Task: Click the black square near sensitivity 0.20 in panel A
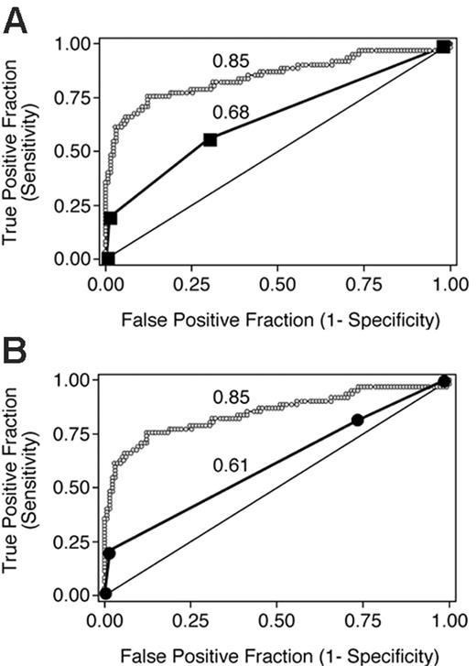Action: (x=111, y=218)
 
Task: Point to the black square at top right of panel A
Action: (x=443, y=47)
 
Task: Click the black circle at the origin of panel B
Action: (x=106, y=594)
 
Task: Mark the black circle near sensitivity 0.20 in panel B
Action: (x=110, y=553)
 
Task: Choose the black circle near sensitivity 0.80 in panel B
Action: (x=357, y=420)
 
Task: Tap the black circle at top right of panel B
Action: (x=444, y=381)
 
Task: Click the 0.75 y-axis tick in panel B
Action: (x=74, y=433)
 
